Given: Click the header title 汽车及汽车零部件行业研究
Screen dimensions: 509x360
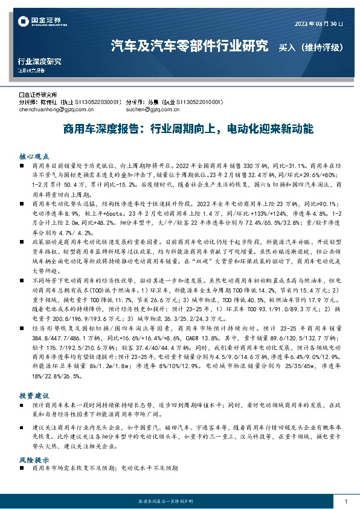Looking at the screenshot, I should coord(190,46).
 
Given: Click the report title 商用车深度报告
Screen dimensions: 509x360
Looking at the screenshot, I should coord(97,129).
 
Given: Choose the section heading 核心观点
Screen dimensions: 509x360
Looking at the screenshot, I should coord(31,155).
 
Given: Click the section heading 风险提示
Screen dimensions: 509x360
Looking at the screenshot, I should coord(31,459).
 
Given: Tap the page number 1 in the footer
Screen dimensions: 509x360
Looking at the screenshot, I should coord(344,502).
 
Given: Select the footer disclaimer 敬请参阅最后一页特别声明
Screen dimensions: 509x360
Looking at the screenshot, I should coord(180,502).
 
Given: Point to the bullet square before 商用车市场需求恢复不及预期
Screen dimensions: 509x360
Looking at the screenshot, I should coord(22,468).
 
